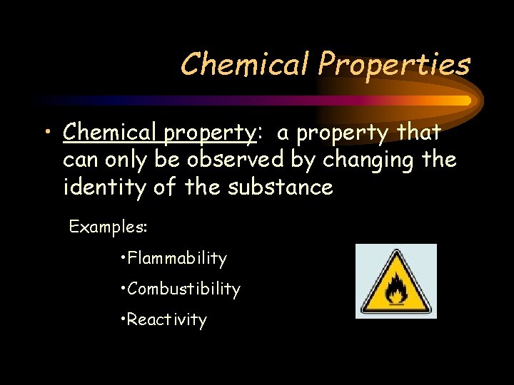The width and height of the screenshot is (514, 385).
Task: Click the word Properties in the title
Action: pos(394,65)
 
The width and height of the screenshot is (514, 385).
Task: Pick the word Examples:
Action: pos(108,227)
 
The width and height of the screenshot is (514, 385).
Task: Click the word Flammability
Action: pos(177,258)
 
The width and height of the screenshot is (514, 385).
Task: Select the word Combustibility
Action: pos(184,289)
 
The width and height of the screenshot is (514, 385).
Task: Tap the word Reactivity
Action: pos(167,320)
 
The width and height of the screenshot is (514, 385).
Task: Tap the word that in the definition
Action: pos(419,133)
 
